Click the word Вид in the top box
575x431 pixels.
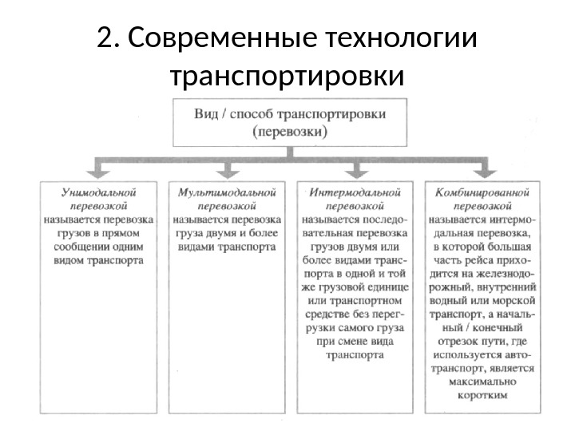(x=206, y=113)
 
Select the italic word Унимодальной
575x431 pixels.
(x=99, y=192)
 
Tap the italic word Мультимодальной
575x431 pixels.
(x=228, y=192)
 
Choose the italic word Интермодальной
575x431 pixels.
(x=355, y=192)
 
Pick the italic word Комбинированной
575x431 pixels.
(x=482, y=192)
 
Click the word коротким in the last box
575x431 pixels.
(x=482, y=394)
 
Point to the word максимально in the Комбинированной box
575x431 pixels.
(x=482, y=382)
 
